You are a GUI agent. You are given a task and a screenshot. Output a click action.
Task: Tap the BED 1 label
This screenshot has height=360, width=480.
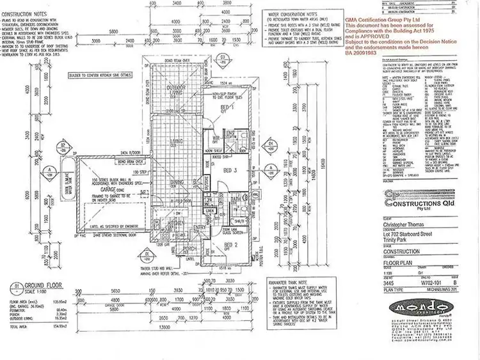(226, 106)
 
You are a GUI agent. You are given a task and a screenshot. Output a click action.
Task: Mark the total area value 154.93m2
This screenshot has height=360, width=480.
(58, 343)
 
